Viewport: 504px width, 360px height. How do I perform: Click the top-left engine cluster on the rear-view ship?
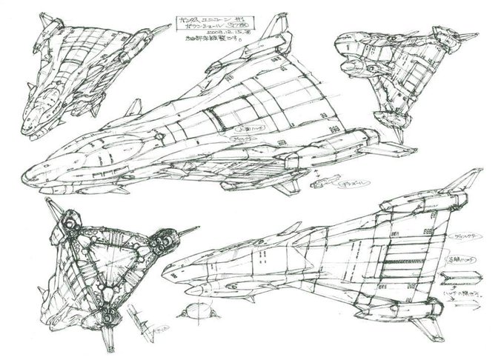pyautogui.click(x=64, y=223)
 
